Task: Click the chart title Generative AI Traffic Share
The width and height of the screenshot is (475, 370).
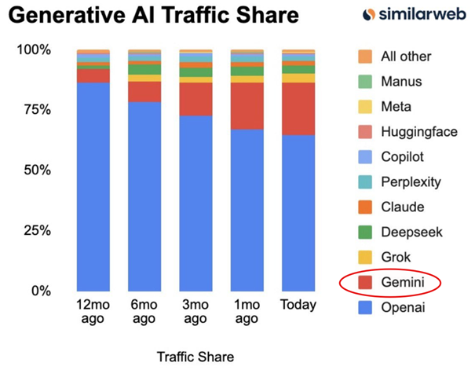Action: click(156, 16)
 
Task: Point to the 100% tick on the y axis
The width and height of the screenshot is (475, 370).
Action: click(34, 49)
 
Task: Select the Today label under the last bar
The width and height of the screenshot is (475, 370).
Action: click(298, 305)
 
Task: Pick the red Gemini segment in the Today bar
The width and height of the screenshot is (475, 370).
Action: click(298, 108)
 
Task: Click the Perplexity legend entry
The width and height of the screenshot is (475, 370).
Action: click(400, 181)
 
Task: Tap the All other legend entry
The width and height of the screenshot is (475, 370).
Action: click(396, 56)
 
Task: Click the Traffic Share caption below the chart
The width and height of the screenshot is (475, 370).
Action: click(195, 355)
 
